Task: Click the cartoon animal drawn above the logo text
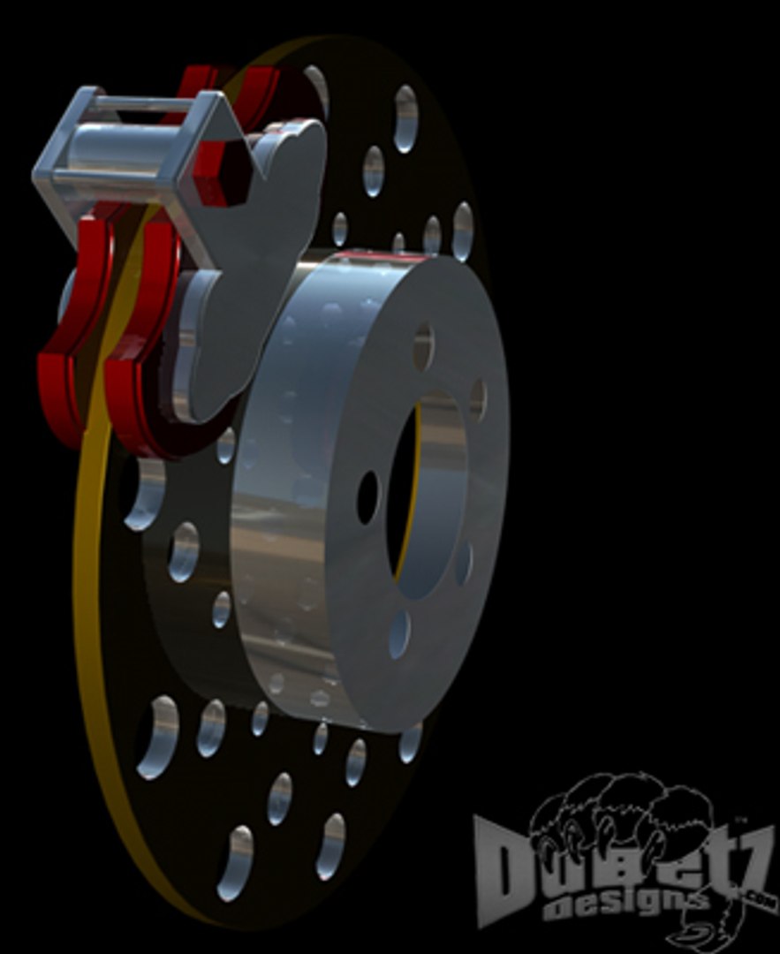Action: pyautogui.click(x=618, y=813)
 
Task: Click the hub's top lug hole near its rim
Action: pyautogui.click(x=423, y=344)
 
